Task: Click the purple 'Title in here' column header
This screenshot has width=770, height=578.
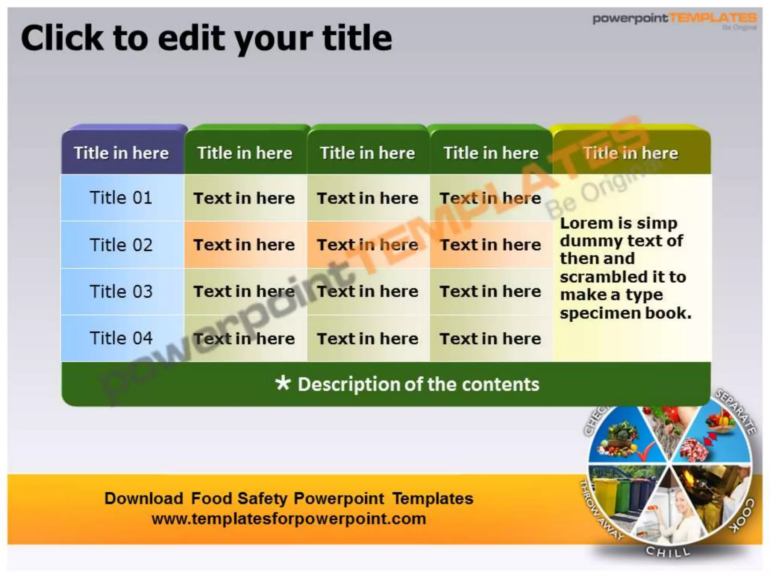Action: [121, 153]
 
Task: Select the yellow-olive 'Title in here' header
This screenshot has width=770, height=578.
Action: [631, 153]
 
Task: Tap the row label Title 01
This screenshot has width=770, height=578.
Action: [121, 198]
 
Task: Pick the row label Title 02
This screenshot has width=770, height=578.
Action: [121, 245]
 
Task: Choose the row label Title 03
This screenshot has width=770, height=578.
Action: [121, 292]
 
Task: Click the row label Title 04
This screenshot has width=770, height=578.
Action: [121, 338]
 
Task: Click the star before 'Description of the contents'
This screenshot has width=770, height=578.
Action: [283, 383]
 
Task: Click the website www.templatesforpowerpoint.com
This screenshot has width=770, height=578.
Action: [289, 519]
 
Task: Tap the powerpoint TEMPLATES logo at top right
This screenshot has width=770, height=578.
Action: [675, 19]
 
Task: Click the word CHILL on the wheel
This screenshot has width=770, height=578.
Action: [668, 552]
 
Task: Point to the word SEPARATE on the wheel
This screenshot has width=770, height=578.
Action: [736, 412]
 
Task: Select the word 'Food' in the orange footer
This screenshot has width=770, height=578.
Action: [211, 499]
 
